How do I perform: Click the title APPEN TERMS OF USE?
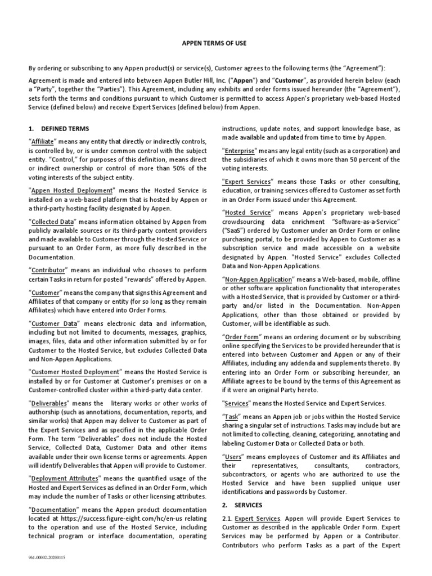pyautogui.click(x=215, y=43)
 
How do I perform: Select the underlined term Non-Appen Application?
pyautogui.click(x=259, y=280)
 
